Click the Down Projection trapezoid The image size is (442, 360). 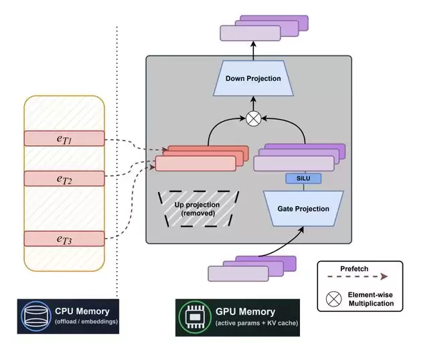pyautogui.click(x=252, y=79)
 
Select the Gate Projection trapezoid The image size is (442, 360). pyautogui.click(x=303, y=208)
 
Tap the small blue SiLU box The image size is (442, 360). pyautogui.click(x=304, y=179)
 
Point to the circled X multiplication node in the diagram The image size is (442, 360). pyautogui.click(x=253, y=118)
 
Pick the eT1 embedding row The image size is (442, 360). pyautogui.click(x=64, y=139)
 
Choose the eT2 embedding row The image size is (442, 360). pyautogui.click(x=64, y=178)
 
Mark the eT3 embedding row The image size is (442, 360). pyautogui.click(x=64, y=238)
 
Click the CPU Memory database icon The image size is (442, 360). pyautogui.click(x=34, y=315)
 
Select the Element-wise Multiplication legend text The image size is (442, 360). pyautogui.click(x=370, y=299)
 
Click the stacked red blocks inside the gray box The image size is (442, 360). pyautogui.click(x=201, y=159)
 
